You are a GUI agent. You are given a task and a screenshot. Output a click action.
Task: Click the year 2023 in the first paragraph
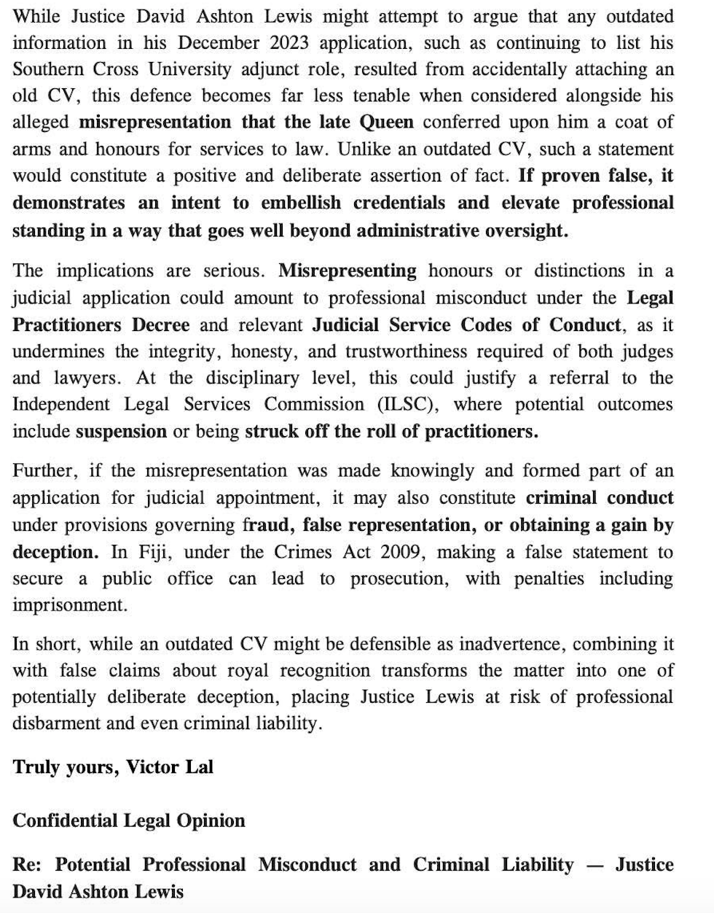(x=289, y=42)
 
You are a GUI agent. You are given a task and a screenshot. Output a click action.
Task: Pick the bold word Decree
(x=161, y=325)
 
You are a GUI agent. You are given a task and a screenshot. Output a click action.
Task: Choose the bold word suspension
(x=121, y=431)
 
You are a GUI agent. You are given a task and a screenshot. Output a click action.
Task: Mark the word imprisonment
(x=59, y=605)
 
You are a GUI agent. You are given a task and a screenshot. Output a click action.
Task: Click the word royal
(x=248, y=670)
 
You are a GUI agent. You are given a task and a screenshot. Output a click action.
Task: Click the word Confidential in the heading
(x=65, y=820)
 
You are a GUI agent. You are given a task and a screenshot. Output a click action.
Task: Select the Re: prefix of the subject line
(x=26, y=865)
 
